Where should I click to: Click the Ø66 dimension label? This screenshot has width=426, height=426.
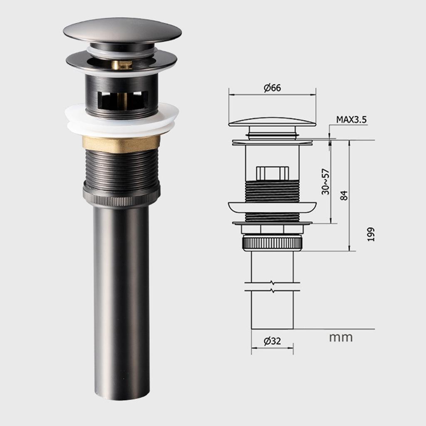272,88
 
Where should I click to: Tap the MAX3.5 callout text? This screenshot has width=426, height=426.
352,120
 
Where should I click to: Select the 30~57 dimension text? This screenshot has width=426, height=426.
326,181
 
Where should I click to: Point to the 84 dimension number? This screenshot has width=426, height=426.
344,195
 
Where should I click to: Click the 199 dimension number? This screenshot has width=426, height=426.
371,234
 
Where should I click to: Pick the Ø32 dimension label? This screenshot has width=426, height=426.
272,341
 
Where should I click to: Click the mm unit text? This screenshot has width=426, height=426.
341,337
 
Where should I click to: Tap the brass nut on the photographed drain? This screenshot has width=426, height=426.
121,143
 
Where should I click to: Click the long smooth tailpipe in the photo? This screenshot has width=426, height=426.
121,300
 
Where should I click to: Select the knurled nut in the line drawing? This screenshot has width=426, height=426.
272,242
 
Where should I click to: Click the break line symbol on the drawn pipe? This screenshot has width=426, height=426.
272,287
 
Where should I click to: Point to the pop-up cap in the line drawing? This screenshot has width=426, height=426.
272,122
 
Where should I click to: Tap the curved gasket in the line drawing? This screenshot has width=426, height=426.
272,207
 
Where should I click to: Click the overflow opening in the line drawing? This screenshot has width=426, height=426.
272,173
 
